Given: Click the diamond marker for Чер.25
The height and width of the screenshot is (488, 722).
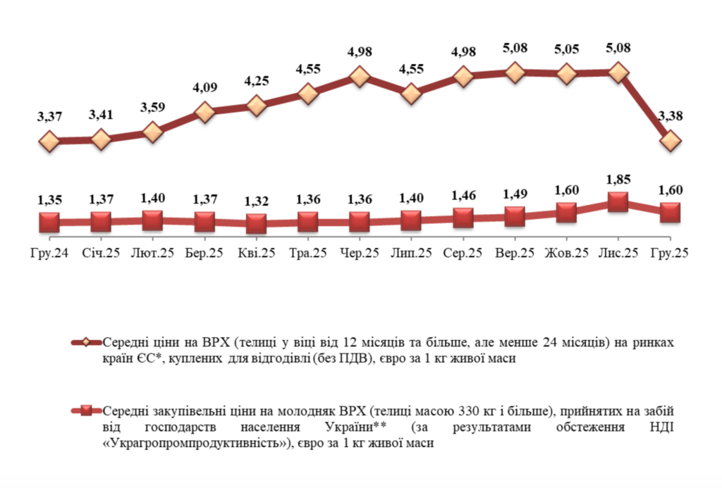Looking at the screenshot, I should click(360, 77).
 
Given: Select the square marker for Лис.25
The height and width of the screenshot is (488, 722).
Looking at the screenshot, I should click(618, 202).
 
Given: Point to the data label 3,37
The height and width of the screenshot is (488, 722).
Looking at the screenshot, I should click(49, 117).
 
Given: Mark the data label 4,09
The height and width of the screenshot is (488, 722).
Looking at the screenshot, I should click(204, 89).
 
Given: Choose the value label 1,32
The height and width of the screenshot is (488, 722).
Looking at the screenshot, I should click(257, 201).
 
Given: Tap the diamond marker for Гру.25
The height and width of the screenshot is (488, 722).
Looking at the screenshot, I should click(670, 142).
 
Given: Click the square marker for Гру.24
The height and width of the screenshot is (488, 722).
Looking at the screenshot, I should click(49, 223).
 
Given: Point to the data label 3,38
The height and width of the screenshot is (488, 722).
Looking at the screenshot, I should click(670, 117).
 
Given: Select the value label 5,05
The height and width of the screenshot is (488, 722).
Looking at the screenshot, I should click(566, 50).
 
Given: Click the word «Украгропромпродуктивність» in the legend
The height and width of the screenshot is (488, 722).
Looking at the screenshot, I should click(197, 444).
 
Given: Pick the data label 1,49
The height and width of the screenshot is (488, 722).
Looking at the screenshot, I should click(515, 194).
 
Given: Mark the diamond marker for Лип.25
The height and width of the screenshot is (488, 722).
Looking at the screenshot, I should click(412, 93).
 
